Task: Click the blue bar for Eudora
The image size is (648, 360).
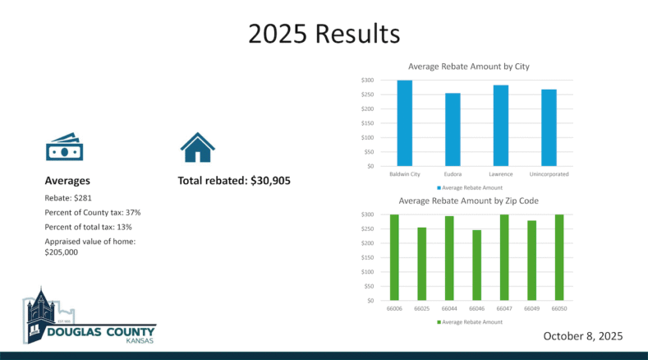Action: (453, 130)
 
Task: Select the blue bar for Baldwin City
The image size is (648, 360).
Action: (405, 123)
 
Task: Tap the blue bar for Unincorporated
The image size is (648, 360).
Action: (549, 128)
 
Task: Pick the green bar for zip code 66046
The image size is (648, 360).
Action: (476, 265)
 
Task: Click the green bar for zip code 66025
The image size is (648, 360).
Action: (421, 264)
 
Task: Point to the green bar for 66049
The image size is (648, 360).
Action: (531, 261)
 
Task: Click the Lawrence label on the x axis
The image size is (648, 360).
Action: (501, 174)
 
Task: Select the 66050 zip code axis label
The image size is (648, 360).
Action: (559, 309)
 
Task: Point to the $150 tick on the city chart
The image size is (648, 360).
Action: (367, 123)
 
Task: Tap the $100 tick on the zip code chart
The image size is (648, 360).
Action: (367, 272)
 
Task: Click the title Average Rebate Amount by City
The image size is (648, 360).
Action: (469, 67)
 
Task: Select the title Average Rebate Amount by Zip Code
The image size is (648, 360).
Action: (469, 201)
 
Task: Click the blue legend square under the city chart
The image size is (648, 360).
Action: (439, 188)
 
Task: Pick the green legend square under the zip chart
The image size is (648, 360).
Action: (439, 322)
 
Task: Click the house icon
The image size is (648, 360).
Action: (198, 147)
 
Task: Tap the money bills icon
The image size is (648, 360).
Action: (64, 147)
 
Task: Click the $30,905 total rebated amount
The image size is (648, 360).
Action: (270, 181)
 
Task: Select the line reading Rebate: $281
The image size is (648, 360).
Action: (68, 198)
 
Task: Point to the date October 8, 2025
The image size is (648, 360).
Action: (582, 336)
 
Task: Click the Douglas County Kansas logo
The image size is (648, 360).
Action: (90, 316)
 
